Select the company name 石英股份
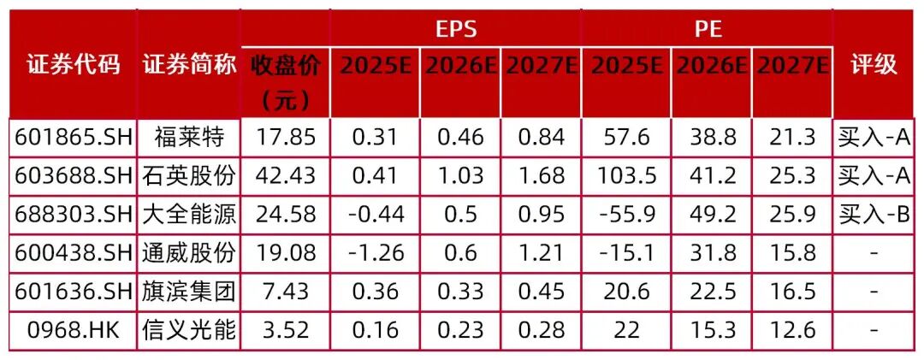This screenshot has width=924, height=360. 189,175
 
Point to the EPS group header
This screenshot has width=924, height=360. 455,29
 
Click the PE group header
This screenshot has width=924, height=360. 707,29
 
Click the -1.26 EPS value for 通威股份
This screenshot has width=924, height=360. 376,253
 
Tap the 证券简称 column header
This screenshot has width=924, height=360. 189,65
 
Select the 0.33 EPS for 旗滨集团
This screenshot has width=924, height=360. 460,292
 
